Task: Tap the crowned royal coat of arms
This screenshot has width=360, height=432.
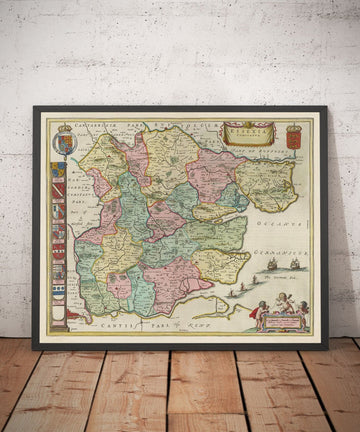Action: point(64,142)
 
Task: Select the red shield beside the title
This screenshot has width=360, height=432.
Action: point(294,138)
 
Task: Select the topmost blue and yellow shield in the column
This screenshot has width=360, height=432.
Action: point(60,171)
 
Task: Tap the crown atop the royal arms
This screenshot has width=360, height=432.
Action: point(65,128)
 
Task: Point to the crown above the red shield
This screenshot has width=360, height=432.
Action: point(294,127)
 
